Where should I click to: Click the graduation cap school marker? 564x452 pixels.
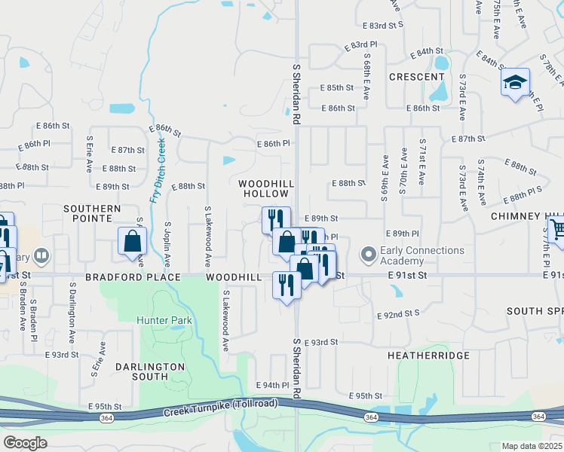515,82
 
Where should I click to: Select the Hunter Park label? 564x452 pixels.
164,320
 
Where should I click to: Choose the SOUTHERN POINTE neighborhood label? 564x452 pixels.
92,213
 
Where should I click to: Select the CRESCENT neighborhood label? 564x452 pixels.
416,77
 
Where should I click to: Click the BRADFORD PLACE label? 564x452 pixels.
133,277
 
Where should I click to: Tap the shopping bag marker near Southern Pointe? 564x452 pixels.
133,242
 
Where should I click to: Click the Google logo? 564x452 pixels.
25,442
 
